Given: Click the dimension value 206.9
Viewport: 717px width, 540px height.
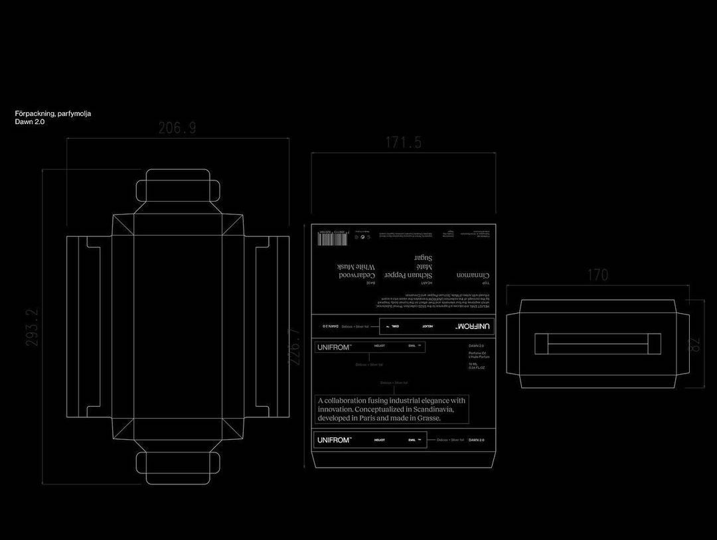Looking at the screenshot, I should click(177, 128).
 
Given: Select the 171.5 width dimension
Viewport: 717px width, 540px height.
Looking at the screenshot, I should click(404, 142).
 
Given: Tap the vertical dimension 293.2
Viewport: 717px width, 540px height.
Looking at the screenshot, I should click(32, 327).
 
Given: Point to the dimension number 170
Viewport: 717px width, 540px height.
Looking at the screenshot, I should click(597, 275).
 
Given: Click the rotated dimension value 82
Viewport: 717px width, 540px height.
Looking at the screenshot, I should click(694, 345).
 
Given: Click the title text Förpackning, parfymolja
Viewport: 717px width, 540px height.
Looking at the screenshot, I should click(53, 113).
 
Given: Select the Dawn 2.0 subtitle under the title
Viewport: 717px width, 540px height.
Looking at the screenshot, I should click(30, 122).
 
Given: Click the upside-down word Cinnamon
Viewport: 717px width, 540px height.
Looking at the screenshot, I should click(474, 274).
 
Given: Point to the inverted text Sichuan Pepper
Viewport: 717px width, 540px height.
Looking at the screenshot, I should click(409, 274).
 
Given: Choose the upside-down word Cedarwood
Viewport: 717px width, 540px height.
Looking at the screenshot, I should click(358, 274).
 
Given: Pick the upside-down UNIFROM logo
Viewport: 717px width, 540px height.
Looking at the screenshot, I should click(474, 326).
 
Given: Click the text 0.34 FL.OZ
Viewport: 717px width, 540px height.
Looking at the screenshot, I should click(477, 368).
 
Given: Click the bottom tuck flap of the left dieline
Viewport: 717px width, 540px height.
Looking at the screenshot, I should click(178, 467).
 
